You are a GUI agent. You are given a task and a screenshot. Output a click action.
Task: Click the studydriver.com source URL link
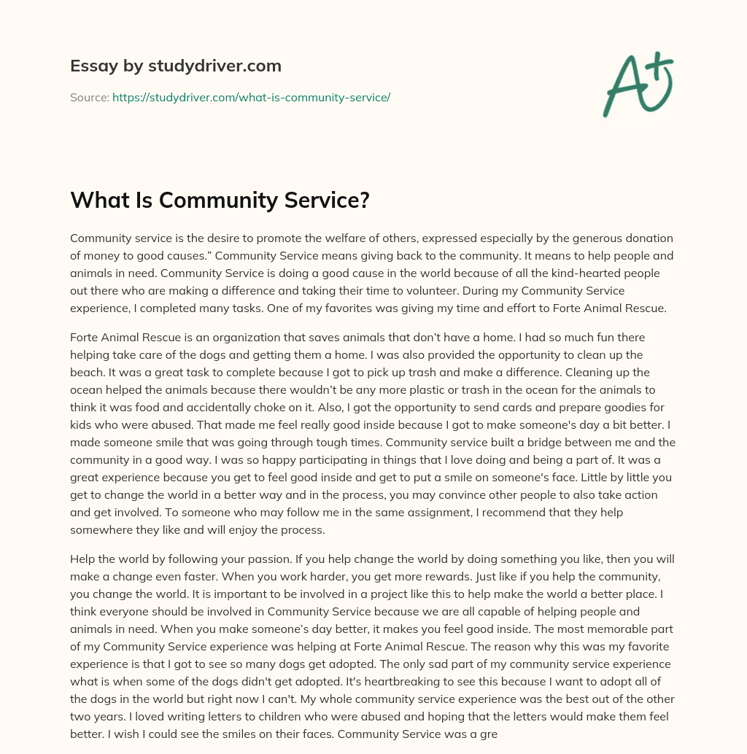coord(251,97)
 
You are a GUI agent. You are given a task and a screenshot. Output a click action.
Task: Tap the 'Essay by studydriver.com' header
coord(175,66)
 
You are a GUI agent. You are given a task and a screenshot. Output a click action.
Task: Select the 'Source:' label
coord(89,97)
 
